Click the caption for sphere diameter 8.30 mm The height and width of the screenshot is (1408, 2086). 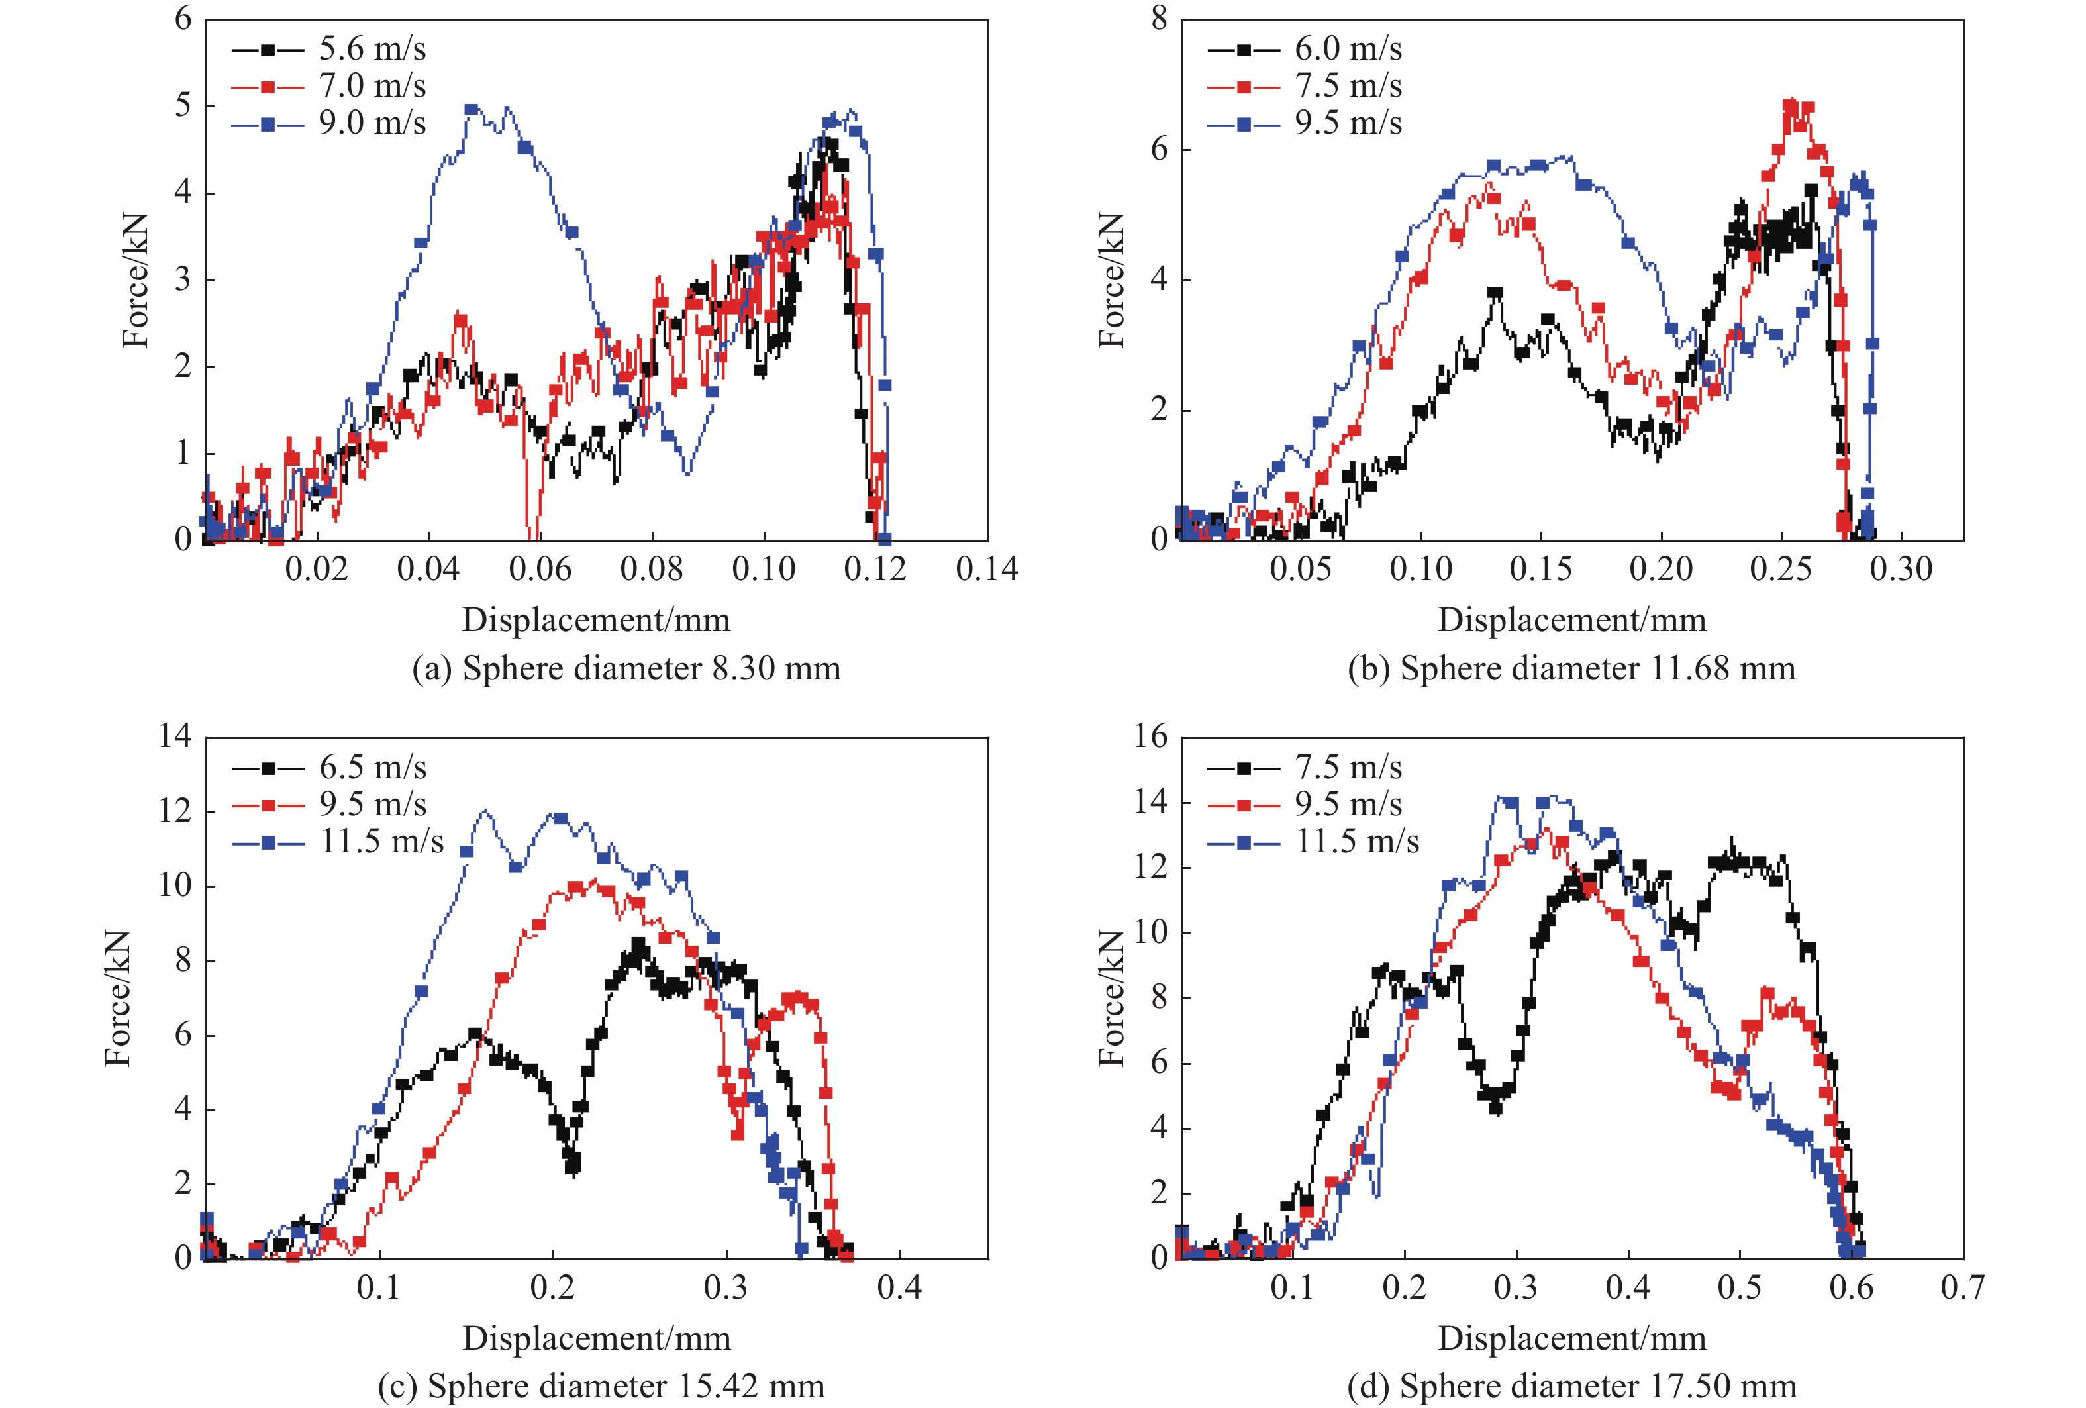pyautogui.click(x=626, y=668)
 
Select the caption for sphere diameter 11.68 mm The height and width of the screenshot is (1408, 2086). pyautogui.click(x=1571, y=668)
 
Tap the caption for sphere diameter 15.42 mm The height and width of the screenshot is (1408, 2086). pyautogui.click(x=601, y=1385)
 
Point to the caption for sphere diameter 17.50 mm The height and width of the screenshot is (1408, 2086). pyautogui.click(x=1571, y=1385)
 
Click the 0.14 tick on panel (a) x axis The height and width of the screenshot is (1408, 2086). pyautogui.click(x=987, y=569)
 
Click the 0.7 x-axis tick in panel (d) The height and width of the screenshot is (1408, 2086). pyautogui.click(x=1962, y=1287)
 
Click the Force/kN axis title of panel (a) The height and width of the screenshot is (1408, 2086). pyautogui.click(x=136, y=280)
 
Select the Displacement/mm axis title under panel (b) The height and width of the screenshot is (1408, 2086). pyautogui.click(x=1571, y=619)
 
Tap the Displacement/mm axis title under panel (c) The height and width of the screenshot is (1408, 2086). pyautogui.click(x=596, y=1338)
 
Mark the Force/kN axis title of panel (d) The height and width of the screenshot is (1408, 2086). pyautogui.click(x=1111, y=998)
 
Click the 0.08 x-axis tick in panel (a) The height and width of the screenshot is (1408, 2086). pyautogui.click(x=651, y=569)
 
